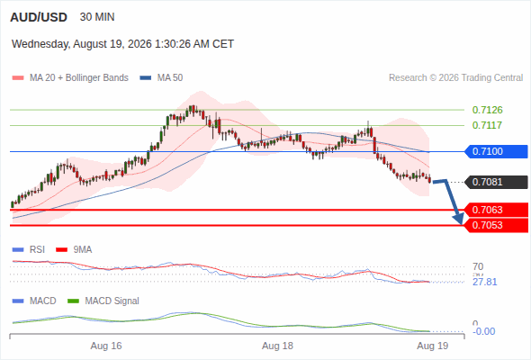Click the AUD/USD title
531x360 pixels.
(39, 17)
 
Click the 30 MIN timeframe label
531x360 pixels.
(97, 17)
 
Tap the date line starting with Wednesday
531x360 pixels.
(122, 44)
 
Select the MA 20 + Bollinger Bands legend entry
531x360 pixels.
(70, 78)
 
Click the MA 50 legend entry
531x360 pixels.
(161, 78)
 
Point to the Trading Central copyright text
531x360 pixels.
(455, 78)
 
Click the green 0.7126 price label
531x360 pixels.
(487, 110)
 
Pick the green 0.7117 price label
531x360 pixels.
(487, 125)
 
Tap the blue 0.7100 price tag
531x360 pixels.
(496, 151)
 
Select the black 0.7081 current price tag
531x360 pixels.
(496, 182)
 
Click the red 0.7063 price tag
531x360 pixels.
(496, 210)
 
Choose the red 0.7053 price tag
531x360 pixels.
(496, 225)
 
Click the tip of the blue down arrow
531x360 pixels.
(461, 224)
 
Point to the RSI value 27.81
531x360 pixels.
(485, 282)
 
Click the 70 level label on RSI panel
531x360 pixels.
(478, 266)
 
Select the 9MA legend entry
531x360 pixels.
(74, 250)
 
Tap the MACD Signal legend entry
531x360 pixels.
(103, 301)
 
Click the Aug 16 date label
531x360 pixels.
(106, 346)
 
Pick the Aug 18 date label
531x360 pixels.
(277, 346)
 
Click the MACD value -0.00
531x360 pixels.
(483, 331)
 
